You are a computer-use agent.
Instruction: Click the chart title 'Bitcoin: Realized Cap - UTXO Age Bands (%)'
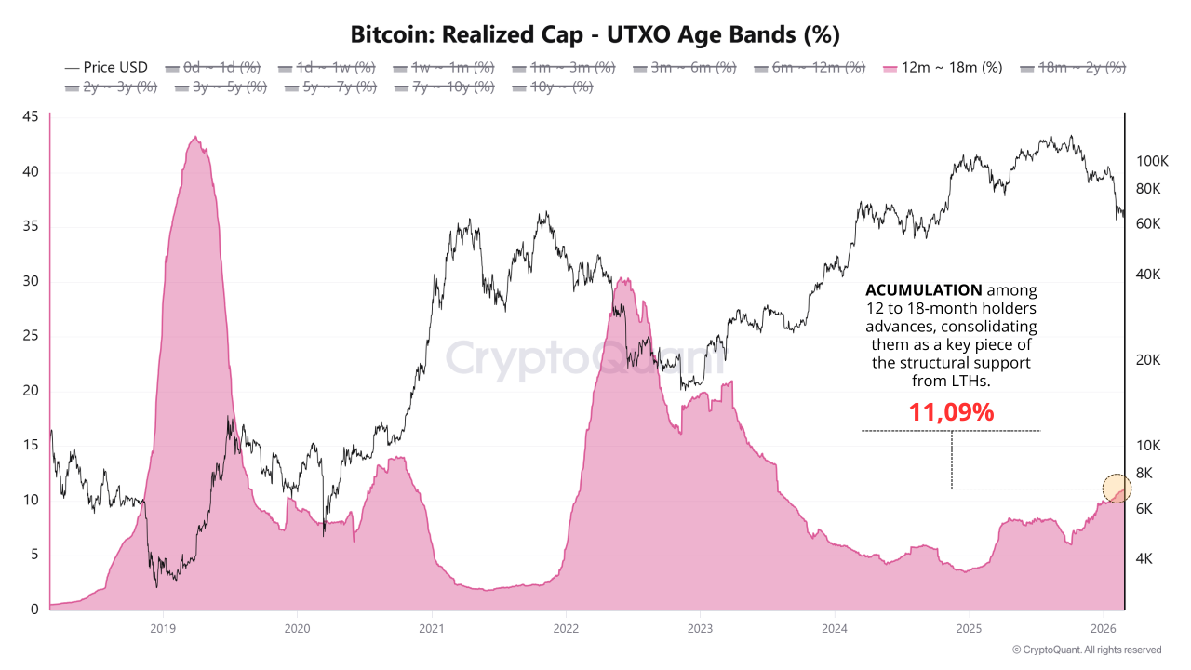(595, 34)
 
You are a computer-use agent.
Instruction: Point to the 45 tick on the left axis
(30, 116)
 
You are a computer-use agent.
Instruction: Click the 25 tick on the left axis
(30, 336)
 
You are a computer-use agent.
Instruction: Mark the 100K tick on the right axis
(1152, 161)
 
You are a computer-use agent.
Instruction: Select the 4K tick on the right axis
(1144, 558)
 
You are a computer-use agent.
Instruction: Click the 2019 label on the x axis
(163, 628)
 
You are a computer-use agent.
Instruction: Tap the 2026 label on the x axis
(1103, 628)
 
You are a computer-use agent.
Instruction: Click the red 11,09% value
(951, 412)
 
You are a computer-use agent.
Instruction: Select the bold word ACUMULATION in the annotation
(923, 290)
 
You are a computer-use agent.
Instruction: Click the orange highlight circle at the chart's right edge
(1117, 488)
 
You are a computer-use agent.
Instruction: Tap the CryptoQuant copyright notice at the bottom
(1086, 650)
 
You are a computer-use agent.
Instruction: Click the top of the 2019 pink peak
(194, 138)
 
